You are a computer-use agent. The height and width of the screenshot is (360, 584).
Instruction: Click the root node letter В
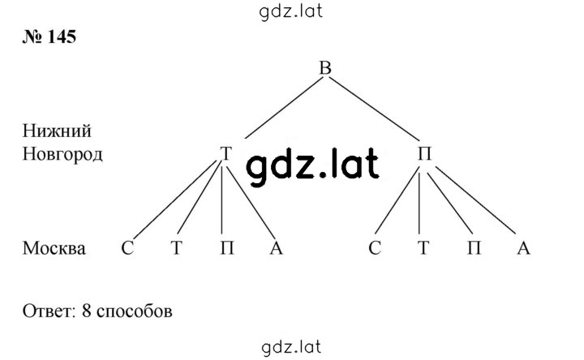[x=325, y=68]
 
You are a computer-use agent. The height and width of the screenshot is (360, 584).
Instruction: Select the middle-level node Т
[x=226, y=153]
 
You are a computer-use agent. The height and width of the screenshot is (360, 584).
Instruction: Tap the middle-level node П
[x=424, y=153]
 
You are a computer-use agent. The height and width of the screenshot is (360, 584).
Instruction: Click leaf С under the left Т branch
[x=127, y=247]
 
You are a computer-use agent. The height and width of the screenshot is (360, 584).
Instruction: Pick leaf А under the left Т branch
[x=276, y=247]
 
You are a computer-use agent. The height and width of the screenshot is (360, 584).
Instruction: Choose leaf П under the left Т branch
[x=227, y=247]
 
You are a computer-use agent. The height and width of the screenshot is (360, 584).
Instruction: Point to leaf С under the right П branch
[x=375, y=247]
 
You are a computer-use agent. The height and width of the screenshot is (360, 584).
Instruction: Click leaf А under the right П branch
[x=523, y=247]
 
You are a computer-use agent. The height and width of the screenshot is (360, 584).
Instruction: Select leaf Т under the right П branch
[x=423, y=247]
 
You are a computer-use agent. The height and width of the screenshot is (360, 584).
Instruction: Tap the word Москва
[x=54, y=248]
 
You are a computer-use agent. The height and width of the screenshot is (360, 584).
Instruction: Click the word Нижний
[x=57, y=131]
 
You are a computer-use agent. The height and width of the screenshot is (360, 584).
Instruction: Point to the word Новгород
[x=62, y=154]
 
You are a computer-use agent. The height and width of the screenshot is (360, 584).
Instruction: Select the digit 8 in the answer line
[x=87, y=311]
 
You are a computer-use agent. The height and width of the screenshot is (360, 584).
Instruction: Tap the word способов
[x=135, y=311]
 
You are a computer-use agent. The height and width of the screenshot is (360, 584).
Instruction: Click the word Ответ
[x=49, y=311]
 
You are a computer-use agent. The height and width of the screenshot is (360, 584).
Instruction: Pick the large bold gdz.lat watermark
[x=312, y=166]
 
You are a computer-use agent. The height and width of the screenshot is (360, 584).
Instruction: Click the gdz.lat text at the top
[x=290, y=11]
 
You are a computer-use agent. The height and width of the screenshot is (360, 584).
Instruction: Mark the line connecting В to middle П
[x=374, y=109]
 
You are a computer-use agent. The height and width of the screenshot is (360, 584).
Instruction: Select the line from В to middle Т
[x=283, y=108]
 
